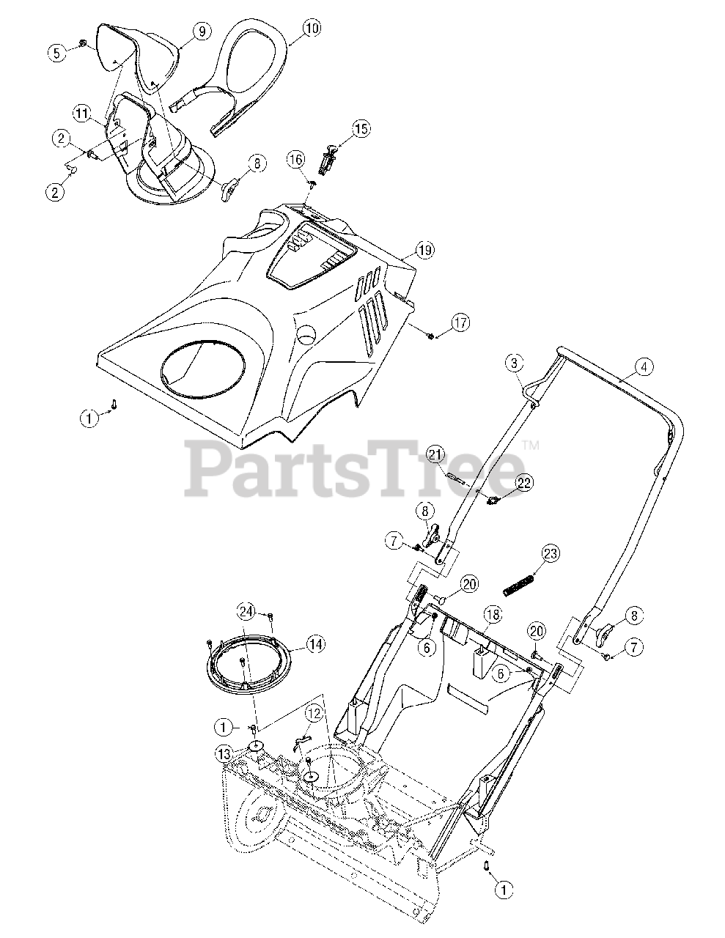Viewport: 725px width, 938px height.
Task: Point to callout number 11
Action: pyautogui.click(x=81, y=113)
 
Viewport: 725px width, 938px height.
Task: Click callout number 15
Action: pyautogui.click(x=361, y=130)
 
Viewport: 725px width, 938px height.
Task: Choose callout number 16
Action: pyautogui.click(x=295, y=159)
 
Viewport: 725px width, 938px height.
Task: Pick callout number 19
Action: pyautogui.click(x=424, y=250)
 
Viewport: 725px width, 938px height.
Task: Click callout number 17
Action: pyautogui.click(x=461, y=322)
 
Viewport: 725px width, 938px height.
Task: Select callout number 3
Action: pyautogui.click(x=515, y=362)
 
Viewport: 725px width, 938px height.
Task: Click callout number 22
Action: pyautogui.click(x=524, y=482)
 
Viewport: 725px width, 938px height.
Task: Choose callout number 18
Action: pyautogui.click(x=491, y=615)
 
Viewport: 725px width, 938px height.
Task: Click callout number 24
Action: pyautogui.click(x=247, y=610)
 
